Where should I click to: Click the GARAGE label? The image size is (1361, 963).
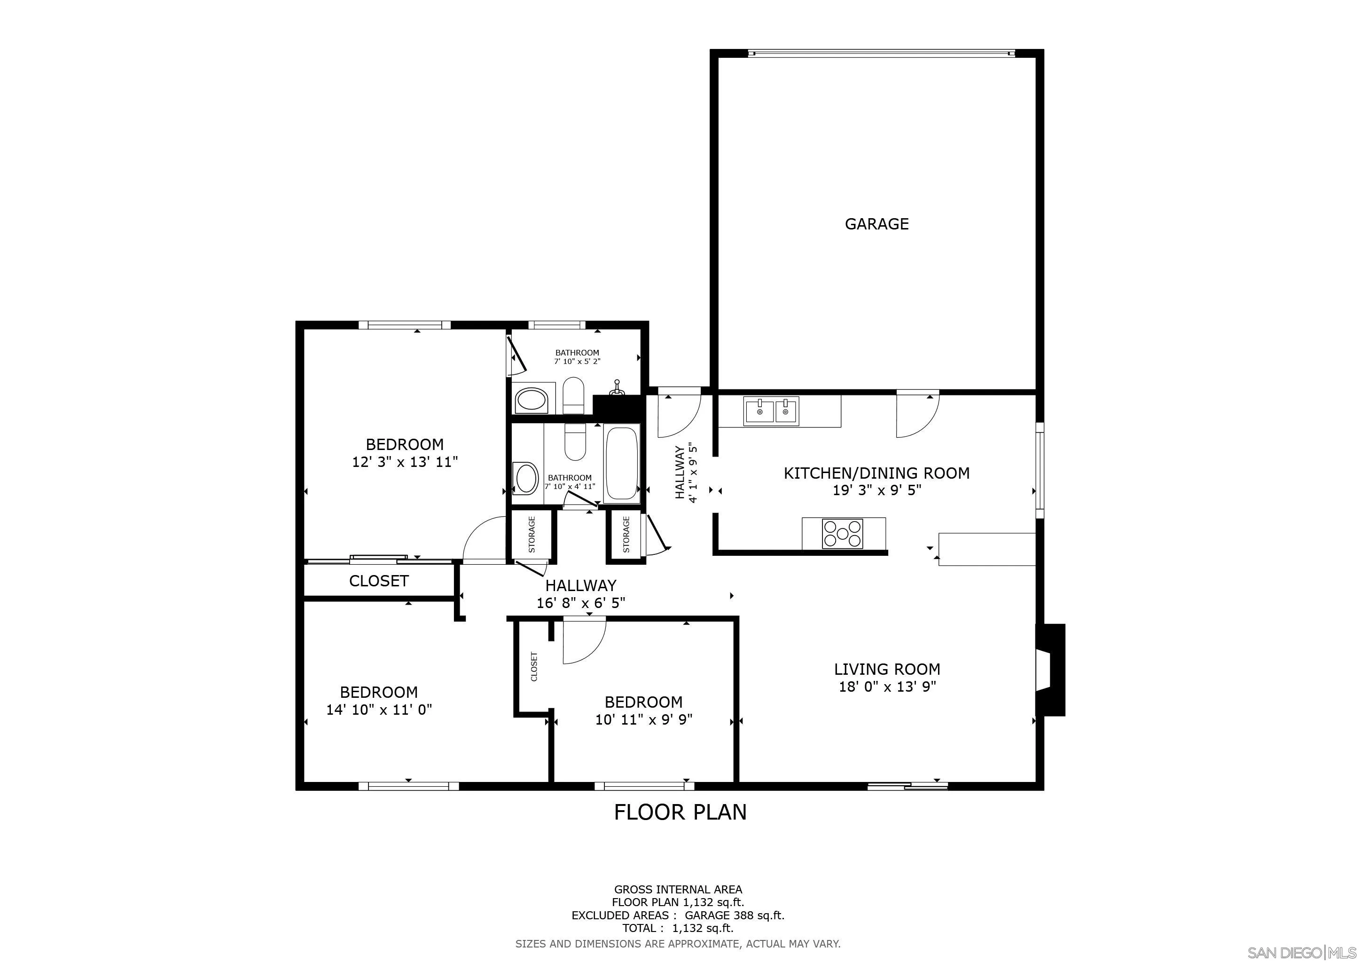tap(876, 224)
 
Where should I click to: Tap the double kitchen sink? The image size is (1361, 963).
tap(771, 410)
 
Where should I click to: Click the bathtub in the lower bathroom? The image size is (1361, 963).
tap(622, 464)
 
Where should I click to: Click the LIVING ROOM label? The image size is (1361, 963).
tap(887, 670)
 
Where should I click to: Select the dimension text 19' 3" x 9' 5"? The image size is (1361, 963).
tap(876, 490)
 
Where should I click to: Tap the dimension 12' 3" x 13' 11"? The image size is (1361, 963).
tap(405, 462)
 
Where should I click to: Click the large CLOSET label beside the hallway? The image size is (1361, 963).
tap(379, 581)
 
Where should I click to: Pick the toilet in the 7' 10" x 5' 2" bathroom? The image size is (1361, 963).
tap(573, 396)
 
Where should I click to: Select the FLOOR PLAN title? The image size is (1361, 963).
tap(680, 812)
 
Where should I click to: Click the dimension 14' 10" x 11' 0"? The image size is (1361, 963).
tap(379, 709)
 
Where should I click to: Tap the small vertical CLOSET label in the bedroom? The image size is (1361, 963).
tap(534, 666)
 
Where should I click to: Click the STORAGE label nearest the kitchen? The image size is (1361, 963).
tap(626, 534)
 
